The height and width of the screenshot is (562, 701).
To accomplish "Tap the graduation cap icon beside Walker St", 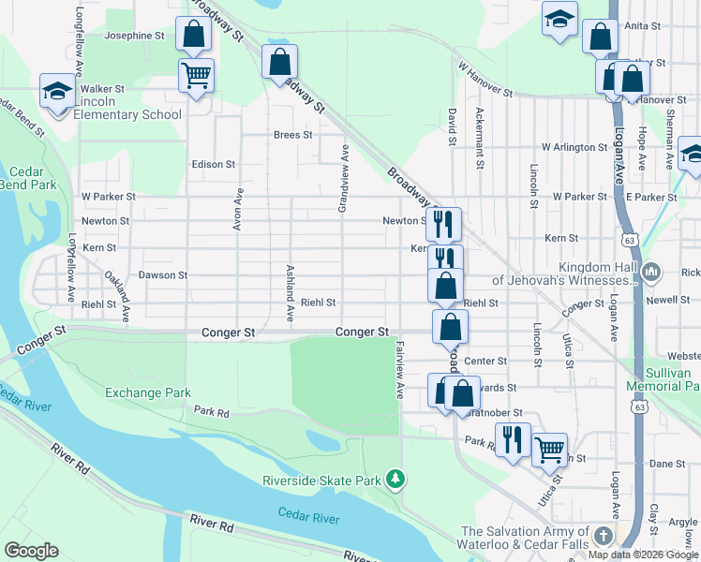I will pos(56,92).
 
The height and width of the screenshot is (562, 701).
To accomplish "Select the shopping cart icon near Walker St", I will pos(196,75).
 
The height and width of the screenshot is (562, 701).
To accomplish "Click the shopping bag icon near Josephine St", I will pos(192,36).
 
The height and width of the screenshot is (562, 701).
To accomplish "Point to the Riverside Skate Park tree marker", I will pos(396,481).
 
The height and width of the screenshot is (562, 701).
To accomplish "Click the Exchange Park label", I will pos(148,392).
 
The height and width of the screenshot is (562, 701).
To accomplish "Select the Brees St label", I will pos(292,135).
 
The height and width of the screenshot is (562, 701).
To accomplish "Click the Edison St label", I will pos(213,164).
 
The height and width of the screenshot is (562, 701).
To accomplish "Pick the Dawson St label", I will pos(163,275).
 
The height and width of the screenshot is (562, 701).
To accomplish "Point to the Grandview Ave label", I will pos(344,178).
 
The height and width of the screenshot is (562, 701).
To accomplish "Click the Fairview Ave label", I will pos(399,369).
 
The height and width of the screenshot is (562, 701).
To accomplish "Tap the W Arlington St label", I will pos(574,147).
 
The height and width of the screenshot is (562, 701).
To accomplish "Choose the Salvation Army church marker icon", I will pos(604,537).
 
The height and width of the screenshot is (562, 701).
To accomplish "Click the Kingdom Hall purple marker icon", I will pos(652,273).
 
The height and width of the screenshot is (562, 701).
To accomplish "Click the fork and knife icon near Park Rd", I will pos(512,439).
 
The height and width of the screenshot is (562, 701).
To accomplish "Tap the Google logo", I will pos(31,551).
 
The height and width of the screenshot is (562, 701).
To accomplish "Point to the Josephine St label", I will pos(135,36).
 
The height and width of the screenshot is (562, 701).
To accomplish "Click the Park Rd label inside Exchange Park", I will pos(212,411).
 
